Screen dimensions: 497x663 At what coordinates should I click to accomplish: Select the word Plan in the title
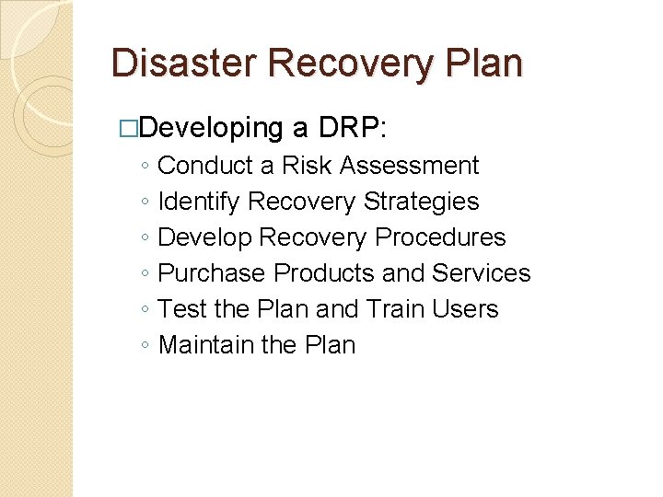480,63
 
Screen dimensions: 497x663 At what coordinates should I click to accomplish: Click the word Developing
212,128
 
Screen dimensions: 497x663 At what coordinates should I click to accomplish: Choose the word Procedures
441,237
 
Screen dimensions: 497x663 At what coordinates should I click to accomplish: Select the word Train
399,309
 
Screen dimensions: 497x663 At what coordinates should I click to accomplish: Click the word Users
467,309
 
